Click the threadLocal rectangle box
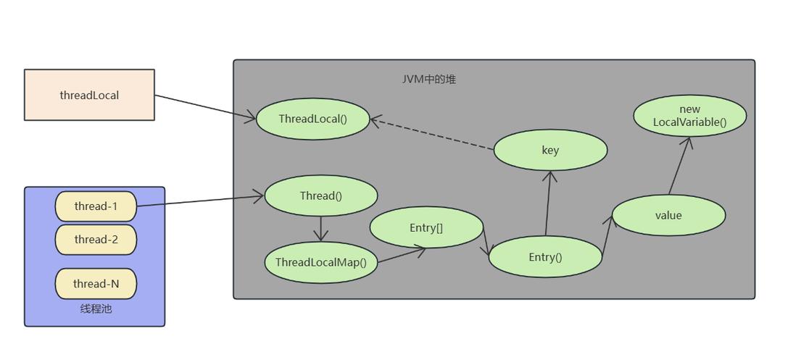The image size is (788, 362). [x=89, y=95]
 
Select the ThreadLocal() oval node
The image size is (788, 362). [x=312, y=119]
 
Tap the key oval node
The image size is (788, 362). [x=549, y=151]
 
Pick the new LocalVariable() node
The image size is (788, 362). [x=689, y=116]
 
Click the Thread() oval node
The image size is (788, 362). [x=320, y=195]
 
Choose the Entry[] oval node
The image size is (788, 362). [x=426, y=228]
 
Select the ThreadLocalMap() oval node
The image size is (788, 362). [x=321, y=262]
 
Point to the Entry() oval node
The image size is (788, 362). [x=545, y=257]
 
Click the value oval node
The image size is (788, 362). [x=668, y=215]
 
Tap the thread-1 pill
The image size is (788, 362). [x=96, y=206]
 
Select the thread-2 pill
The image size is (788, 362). [x=96, y=240]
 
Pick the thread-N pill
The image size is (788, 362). [x=96, y=284]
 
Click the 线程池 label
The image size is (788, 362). [x=96, y=309]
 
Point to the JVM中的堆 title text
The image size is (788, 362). [x=429, y=79]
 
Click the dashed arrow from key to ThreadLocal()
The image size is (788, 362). [x=432, y=135]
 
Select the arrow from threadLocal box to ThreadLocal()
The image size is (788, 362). [x=205, y=106]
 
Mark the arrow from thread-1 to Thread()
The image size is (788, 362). [x=200, y=201]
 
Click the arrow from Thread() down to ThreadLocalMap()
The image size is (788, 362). [x=321, y=229]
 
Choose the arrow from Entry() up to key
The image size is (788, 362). [x=548, y=203]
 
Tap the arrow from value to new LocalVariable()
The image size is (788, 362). [x=679, y=166]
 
